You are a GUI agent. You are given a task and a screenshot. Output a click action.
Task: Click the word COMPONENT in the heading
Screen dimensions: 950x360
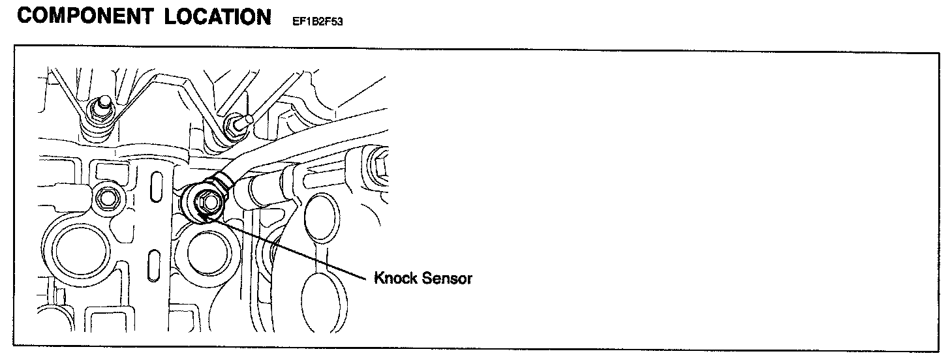point(82,17)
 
